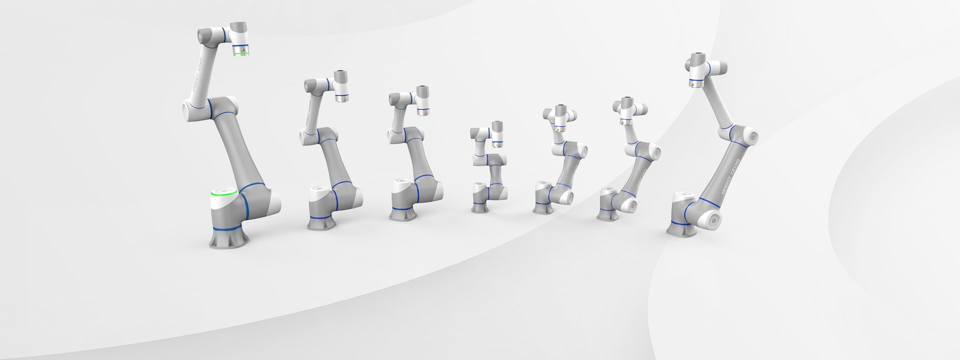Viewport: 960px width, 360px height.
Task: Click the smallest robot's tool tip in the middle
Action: click(x=497, y=144)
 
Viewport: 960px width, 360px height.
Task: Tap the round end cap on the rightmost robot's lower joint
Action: click(x=713, y=218)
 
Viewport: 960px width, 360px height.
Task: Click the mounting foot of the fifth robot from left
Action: click(x=542, y=208)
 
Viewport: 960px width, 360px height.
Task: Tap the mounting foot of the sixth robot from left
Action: click(x=607, y=214)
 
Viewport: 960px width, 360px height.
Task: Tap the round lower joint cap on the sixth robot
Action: click(x=630, y=203)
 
